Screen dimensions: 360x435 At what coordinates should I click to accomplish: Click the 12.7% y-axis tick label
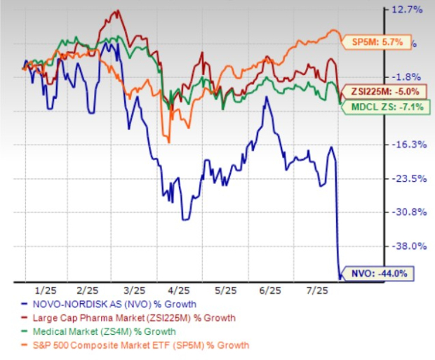point(410,10)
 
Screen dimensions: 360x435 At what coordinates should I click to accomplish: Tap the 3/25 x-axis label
point(134,290)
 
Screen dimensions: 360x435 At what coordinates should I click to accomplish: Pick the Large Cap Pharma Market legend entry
point(131,318)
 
